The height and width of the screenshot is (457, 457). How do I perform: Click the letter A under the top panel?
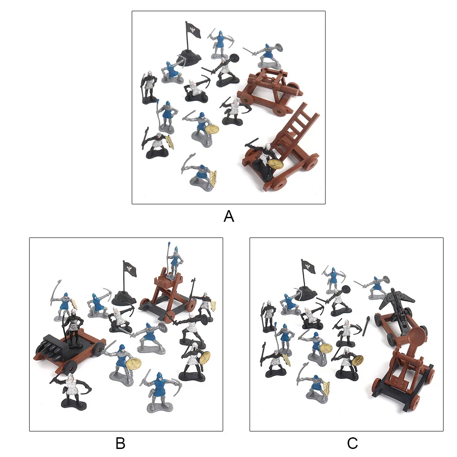coord(228,216)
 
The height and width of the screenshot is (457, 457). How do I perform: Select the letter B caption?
coord(120,444)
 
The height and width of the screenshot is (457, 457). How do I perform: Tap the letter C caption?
coord(352,444)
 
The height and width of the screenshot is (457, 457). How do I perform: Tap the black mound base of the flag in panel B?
coord(124,297)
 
